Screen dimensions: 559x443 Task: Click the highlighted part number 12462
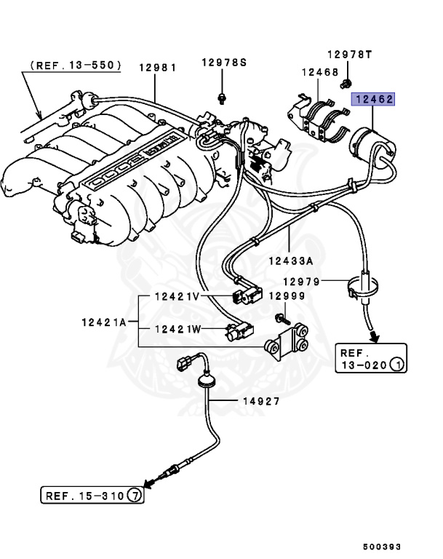373,99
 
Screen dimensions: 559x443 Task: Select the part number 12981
157,67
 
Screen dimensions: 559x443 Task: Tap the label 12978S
224,63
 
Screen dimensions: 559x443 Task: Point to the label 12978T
349,55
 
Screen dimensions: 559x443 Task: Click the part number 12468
319,72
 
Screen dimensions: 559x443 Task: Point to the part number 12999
287,296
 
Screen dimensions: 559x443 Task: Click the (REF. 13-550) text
76,65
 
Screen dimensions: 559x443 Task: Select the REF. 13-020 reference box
370,358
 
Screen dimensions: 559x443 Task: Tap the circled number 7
135,496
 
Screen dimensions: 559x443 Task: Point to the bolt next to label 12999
282,318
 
